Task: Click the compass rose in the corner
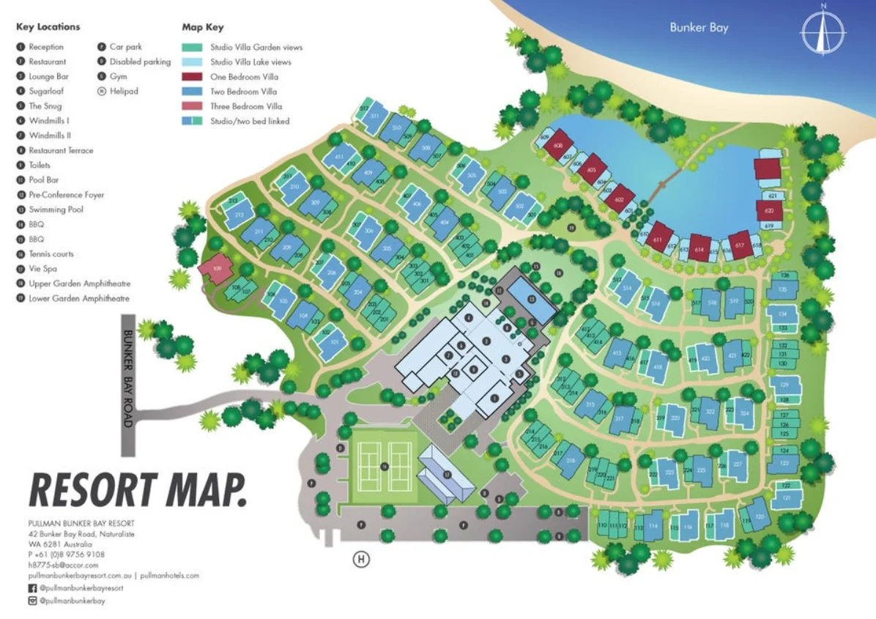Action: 823,31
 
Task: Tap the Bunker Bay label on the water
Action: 699,28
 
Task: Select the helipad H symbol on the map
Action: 360,560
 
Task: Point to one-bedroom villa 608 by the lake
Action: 558,145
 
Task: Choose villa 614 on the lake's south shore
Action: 699,249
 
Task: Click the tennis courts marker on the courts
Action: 384,467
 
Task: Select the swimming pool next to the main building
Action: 532,299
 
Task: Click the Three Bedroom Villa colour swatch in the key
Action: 192,106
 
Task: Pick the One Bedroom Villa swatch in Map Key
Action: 192,77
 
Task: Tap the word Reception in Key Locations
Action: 46,47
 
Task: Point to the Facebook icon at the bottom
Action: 31,588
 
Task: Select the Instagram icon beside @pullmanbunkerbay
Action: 31,601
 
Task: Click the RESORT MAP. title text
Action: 137,489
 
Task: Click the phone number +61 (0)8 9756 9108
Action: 70,555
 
